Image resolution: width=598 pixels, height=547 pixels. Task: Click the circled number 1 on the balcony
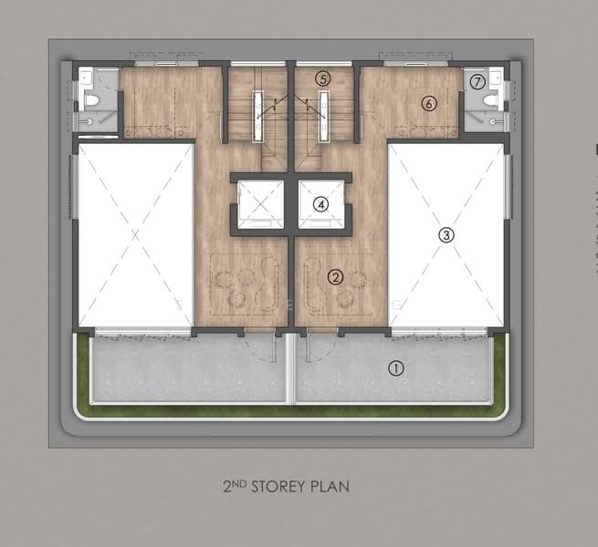click(x=395, y=368)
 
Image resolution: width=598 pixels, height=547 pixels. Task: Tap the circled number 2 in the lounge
click(x=336, y=277)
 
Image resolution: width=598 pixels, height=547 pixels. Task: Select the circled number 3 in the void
click(x=446, y=234)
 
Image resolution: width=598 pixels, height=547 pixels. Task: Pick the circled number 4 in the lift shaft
click(x=320, y=204)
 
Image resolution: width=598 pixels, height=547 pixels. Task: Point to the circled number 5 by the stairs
click(x=323, y=79)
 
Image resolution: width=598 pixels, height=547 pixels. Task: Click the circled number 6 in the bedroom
click(x=429, y=103)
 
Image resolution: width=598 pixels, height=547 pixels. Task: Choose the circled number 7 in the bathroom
click(x=477, y=82)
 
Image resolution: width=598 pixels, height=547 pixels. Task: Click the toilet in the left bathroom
click(x=89, y=100)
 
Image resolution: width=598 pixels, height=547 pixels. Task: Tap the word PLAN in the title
click(x=330, y=487)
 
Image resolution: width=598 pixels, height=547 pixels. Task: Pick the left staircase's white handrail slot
click(x=258, y=117)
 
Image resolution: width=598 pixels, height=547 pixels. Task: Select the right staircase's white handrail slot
click(x=324, y=117)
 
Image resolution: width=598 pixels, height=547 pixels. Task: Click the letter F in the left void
click(x=179, y=304)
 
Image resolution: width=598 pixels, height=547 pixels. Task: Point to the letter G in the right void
click(x=397, y=304)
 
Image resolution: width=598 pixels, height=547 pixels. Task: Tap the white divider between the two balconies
click(x=291, y=368)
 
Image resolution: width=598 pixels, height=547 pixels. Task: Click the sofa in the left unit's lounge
click(x=269, y=282)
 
